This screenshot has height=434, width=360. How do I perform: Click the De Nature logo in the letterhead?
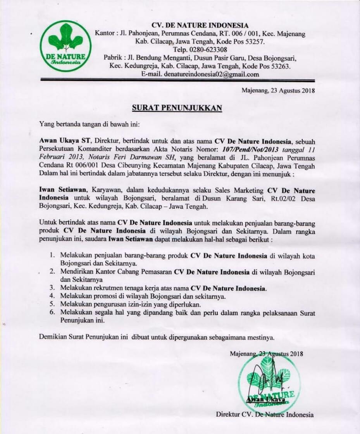click(65, 46)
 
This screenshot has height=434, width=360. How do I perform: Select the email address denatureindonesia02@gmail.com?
click(211, 74)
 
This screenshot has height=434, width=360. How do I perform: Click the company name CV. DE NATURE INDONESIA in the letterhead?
click(200, 26)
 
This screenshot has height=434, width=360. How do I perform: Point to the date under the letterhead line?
click(277, 91)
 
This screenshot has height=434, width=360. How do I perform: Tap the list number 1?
click(51, 256)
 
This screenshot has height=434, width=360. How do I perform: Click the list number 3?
click(51, 288)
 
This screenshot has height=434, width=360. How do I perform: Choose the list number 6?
click(51, 313)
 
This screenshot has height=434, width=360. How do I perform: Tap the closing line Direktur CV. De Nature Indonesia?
click(265, 415)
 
